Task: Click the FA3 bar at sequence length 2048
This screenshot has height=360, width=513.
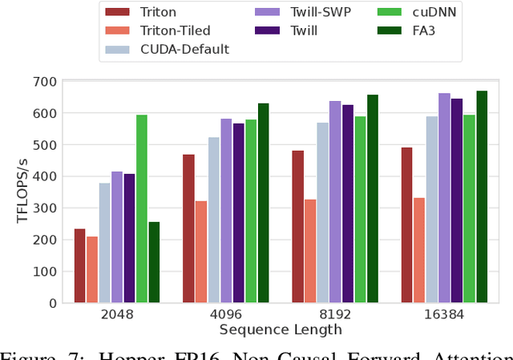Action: pyautogui.click(x=154, y=262)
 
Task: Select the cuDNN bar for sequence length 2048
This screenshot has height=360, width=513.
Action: pyautogui.click(x=142, y=208)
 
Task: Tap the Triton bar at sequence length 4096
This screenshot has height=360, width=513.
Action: pyautogui.click(x=188, y=229)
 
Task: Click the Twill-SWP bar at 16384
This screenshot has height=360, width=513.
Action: pyautogui.click(x=443, y=198)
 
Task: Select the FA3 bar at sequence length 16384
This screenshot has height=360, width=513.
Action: pyautogui.click(x=481, y=196)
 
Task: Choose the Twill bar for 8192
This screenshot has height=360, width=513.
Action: pyautogui.click(x=348, y=204)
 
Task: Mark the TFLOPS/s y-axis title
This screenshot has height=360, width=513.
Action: pyautogui.click(x=22, y=192)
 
